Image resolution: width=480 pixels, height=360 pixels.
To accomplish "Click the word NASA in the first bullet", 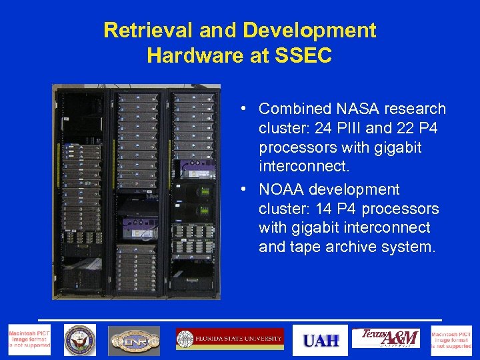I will [x=356, y=109].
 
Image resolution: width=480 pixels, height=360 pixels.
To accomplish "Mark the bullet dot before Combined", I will [x=245, y=109].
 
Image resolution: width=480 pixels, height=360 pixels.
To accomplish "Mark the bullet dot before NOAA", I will [x=245, y=190].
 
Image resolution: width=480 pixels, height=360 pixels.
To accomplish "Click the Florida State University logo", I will [x=230, y=339].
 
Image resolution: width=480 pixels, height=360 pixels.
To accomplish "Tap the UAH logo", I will [x=321, y=340].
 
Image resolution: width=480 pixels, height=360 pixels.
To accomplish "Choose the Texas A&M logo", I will [x=386, y=339].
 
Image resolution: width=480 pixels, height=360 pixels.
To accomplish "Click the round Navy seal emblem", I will [x=80, y=340].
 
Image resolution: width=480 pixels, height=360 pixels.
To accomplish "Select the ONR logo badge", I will [x=135, y=340].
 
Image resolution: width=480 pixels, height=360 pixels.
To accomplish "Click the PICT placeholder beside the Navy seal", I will [x=29, y=340].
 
